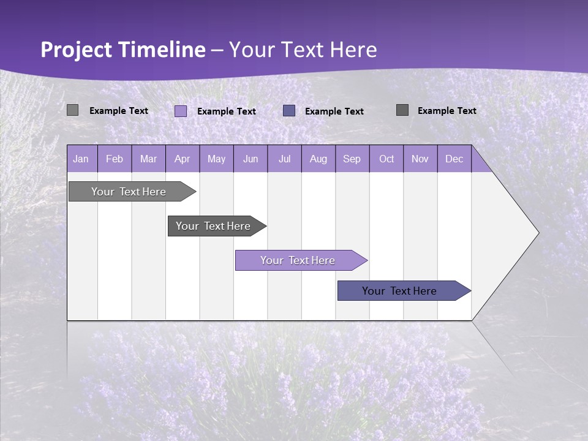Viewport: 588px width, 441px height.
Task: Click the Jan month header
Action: coord(81,159)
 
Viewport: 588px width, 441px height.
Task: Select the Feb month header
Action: coord(115,159)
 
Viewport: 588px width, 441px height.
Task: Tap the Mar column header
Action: coord(148,159)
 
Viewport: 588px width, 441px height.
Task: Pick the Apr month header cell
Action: coord(183,159)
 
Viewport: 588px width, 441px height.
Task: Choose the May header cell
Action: coord(216,159)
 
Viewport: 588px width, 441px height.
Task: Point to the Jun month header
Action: coord(251,159)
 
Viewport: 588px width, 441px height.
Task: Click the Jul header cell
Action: coord(284,159)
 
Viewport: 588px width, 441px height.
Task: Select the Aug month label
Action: coord(318,159)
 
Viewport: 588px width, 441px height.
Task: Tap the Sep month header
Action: coord(352,159)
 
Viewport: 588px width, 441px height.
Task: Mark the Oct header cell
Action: coord(386,159)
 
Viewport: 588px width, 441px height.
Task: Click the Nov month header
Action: coord(420,159)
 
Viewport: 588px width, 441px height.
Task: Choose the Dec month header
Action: coord(454,159)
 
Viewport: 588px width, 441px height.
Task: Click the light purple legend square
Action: coord(181,111)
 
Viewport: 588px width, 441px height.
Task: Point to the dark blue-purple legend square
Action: coord(289,110)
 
